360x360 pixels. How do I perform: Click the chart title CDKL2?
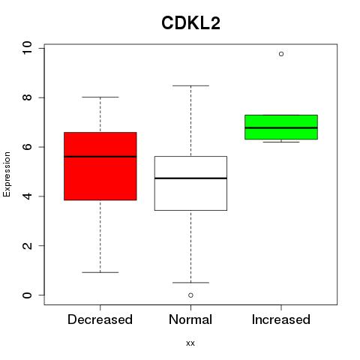190,23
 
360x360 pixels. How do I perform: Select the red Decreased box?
100,166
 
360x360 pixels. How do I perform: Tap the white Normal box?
190,183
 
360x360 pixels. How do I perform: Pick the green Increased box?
281,127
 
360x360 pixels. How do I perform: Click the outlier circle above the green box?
281,54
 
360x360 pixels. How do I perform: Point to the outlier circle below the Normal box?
190,295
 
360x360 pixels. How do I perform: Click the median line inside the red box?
100,157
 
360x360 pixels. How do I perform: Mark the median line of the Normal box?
190,178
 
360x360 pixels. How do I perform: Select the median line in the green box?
281,127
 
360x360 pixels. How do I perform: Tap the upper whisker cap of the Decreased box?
100,97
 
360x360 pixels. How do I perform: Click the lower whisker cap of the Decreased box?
100,272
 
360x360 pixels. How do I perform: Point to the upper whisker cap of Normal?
190,85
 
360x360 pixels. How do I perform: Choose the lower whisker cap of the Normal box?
190,283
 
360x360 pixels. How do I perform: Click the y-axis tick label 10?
27,48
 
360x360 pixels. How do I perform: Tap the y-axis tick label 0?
27,295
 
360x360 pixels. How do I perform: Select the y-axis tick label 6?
27,147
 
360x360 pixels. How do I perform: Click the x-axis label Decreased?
100,319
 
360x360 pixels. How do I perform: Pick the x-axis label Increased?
281,319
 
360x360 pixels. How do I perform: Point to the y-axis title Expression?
7,174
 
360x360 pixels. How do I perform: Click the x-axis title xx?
190,343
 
